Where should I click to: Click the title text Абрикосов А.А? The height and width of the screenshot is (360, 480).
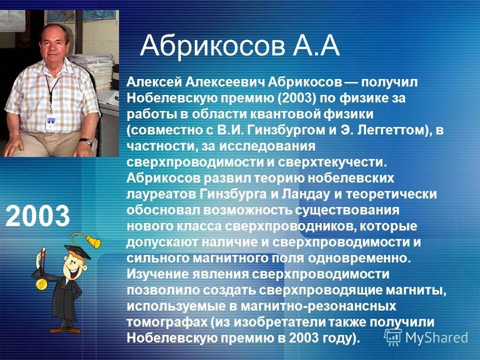click(x=240, y=46)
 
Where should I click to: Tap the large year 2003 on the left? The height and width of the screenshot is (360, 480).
click(x=38, y=215)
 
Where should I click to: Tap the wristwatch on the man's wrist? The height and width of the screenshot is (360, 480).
click(x=88, y=141)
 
